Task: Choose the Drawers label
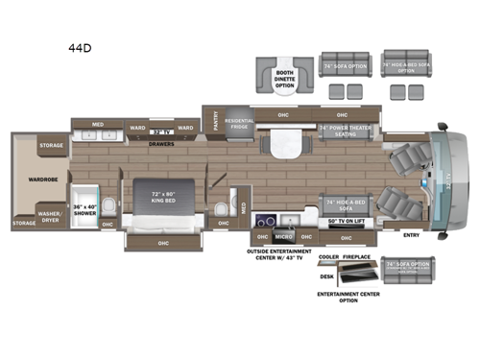pyautogui.click(x=160, y=143)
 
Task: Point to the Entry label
pyautogui.click(x=412, y=234)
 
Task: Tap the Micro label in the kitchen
pyautogui.click(x=283, y=235)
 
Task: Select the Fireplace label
pyautogui.click(x=358, y=258)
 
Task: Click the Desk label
pyautogui.click(x=326, y=276)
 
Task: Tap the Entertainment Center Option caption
pyautogui.click(x=348, y=297)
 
